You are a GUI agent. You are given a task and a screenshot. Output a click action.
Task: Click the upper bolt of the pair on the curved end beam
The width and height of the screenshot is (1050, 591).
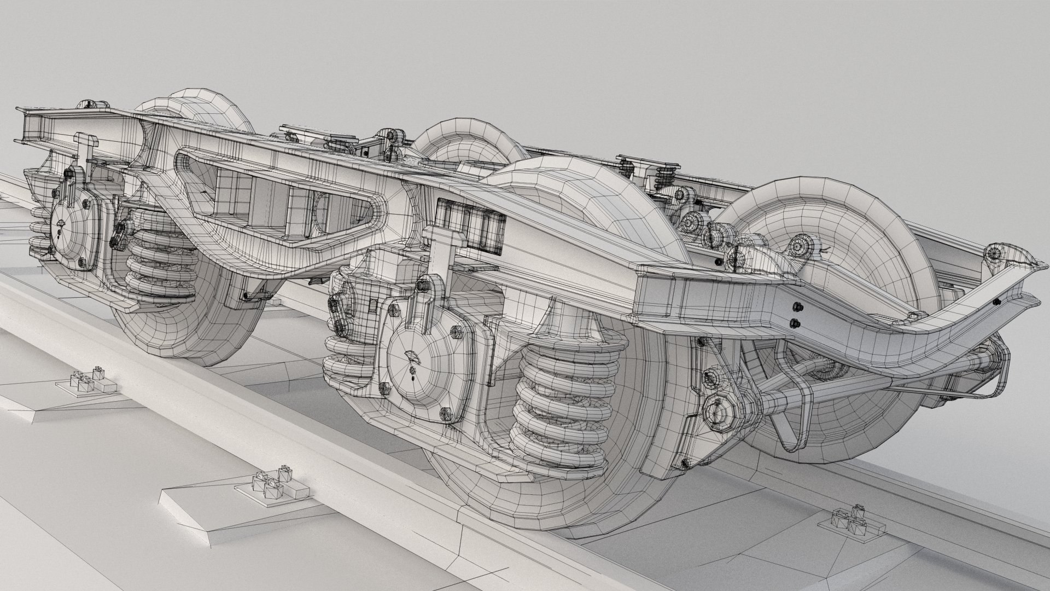pos(794,307)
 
